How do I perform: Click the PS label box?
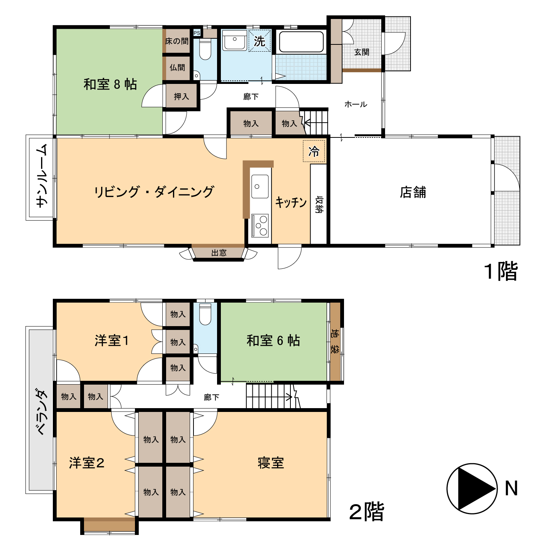(x=197, y=33)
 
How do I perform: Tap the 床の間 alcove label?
(x=177, y=41)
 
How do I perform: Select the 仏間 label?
(x=177, y=68)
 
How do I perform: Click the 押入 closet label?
(x=181, y=96)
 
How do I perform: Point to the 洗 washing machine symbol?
(x=259, y=41)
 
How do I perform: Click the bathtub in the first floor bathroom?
(x=301, y=42)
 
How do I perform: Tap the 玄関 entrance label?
(x=362, y=52)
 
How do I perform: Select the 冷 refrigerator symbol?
(x=314, y=151)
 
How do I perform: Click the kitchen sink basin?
(x=260, y=186)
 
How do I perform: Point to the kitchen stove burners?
(x=260, y=226)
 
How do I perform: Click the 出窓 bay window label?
(x=219, y=253)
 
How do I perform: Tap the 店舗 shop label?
(x=412, y=192)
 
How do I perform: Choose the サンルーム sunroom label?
(x=42, y=176)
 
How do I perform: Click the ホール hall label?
(x=355, y=104)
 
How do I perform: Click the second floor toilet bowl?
(x=205, y=314)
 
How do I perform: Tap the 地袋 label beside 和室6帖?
(x=335, y=341)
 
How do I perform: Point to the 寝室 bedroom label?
(x=271, y=463)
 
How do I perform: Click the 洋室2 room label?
(x=87, y=463)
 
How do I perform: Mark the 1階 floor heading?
(x=501, y=271)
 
